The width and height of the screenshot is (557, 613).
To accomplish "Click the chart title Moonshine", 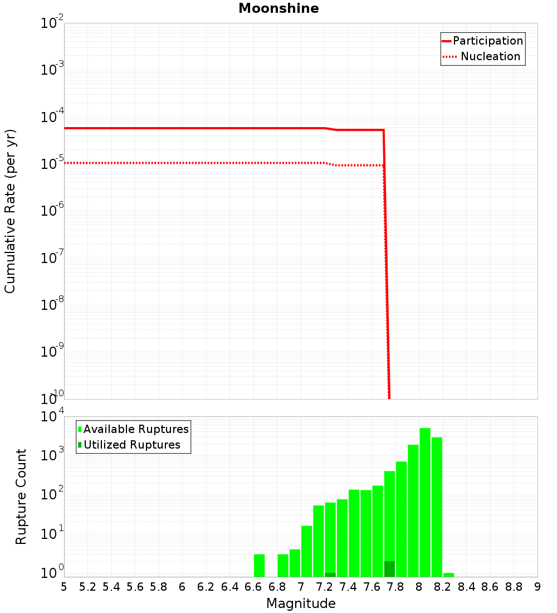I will (x=278, y=9).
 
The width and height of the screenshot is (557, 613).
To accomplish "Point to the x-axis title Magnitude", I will (x=301, y=604).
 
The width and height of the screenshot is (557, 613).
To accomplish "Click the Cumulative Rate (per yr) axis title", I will (x=10, y=211).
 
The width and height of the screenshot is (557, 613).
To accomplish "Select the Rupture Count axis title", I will (x=21, y=497).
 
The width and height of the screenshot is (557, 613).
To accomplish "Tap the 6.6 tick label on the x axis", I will (x=253, y=587).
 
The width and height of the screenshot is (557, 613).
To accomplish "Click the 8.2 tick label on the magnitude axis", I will (x=443, y=587).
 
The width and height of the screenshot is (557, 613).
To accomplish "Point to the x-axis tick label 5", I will (x=64, y=587).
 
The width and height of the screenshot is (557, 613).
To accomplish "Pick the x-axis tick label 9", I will (x=538, y=587).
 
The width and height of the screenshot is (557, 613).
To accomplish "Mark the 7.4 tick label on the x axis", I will (x=348, y=587).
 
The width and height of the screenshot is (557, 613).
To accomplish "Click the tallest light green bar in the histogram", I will (x=425, y=502).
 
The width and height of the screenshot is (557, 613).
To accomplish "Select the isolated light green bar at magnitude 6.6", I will (x=259, y=565).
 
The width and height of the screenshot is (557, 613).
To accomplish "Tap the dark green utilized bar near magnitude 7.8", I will (x=389, y=569).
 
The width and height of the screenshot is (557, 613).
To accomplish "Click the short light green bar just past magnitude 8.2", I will (x=448, y=575).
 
